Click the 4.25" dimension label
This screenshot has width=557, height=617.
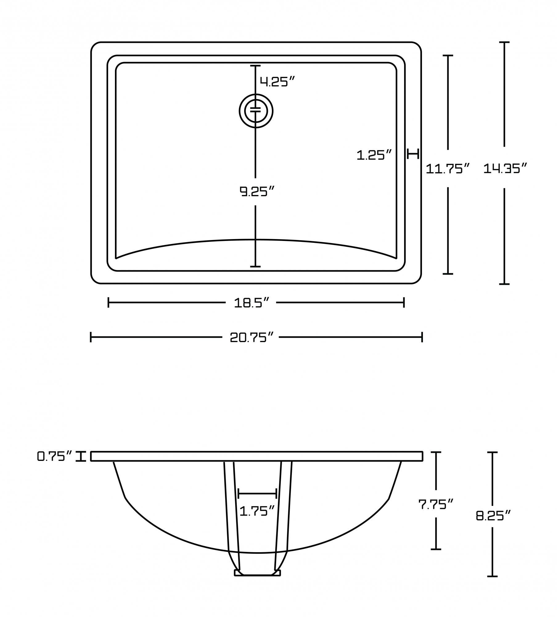tap(277, 82)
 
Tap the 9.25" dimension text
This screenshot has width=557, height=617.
tap(257, 192)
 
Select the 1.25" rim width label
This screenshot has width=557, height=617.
tap(374, 155)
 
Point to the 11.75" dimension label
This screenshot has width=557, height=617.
tap(448, 169)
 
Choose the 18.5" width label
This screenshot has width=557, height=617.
tap(252, 303)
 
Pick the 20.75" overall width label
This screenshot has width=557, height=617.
tap(252, 337)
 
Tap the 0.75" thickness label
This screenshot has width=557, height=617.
tap(55, 456)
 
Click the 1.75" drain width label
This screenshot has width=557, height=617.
tap(257, 511)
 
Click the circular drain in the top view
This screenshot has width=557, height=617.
tap(256, 110)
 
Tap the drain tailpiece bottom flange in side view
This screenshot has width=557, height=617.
tap(257, 573)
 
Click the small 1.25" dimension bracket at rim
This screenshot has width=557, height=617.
tap(413, 153)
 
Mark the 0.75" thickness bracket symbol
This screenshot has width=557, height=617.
tap(81, 456)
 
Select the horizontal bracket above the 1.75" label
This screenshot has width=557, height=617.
tap(257, 494)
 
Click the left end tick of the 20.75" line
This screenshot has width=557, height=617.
tap(91, 337)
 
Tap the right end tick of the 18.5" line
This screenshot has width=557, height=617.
tap(404, 303)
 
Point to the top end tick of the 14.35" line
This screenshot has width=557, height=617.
tap(504, 42)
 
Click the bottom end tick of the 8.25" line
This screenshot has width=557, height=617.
tap(493, 576)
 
